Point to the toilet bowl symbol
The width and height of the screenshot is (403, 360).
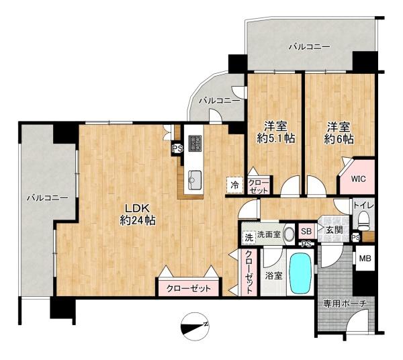click(x=363, y=221)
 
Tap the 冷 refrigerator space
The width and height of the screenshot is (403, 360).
click(x=234, y=185)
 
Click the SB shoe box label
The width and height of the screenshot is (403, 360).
click(x=306, y=231)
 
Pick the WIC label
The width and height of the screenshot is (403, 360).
click(x=358, y=179)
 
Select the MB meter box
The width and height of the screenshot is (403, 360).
click(x=365, y=259)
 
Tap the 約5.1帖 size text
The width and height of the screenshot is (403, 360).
click(x=276, y=139)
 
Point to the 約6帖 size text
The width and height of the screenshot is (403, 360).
click(x=339, y=139)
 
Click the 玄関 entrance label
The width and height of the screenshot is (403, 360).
click(x=334, y=230)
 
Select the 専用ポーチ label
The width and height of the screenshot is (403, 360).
click(x=345, y=304)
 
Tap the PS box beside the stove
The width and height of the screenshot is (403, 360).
click(x=177, y=149)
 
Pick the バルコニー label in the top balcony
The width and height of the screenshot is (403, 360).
click(x=309, y=47)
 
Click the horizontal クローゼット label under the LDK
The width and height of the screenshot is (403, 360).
click(x=189, y=289)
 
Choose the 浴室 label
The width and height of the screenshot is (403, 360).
click(x=274, y=276)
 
